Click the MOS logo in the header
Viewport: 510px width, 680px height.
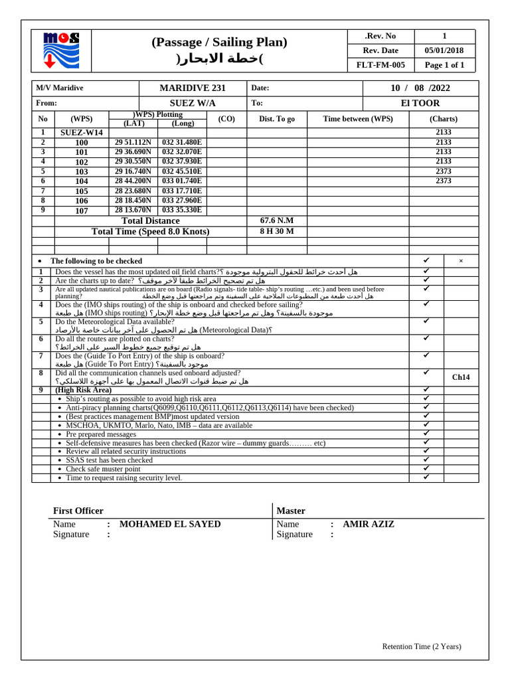click(x=61, y=50)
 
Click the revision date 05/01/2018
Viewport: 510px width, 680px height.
click(x=444, y=50)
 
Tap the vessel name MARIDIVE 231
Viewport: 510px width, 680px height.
click(x=193, y=88)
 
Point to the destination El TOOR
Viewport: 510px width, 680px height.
click(x=420, y=103)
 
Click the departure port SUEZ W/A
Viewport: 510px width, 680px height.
click(x=193, y=103)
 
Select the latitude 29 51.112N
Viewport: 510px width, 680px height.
click(x=133, y=142)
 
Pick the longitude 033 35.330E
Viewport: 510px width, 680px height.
click(x=182, y=210)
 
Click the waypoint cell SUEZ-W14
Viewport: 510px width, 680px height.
click(x=82, y=133)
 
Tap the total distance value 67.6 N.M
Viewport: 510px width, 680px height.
click(x=277, y=220)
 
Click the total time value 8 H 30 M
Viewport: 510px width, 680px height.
click(x=277, y=231)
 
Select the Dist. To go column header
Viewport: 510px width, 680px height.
click(x=277, y=119)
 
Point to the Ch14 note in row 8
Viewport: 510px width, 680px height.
click(x=460, y=377)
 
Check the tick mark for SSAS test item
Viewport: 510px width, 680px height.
click(x=426, y=460)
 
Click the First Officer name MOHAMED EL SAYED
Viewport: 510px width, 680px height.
click(x=170, y=524)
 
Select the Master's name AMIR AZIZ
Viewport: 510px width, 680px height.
click(x=369, y=524)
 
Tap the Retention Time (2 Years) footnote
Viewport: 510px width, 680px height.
click(x=421, y=646)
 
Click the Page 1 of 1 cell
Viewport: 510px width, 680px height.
click(x=444, y=65)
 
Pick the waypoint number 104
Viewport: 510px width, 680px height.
click(x=82, y=181)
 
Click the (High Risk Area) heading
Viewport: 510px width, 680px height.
click(x=84, y=390)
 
